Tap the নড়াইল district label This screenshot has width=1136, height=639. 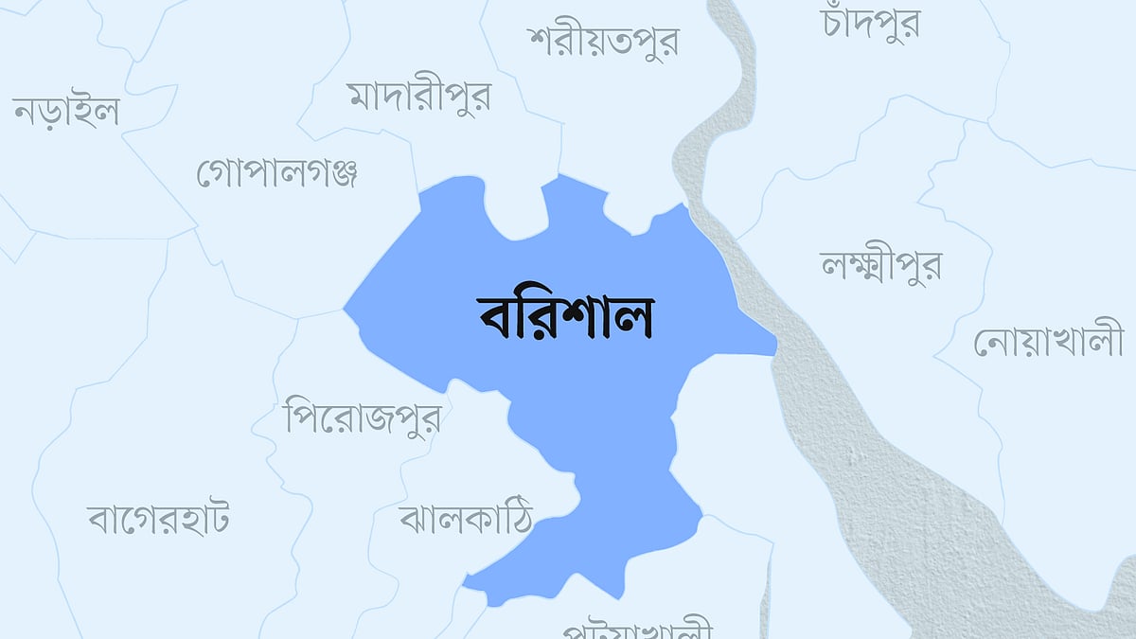[66, 113]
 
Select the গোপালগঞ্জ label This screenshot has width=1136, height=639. [276, 174]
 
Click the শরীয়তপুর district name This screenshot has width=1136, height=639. [604, 42]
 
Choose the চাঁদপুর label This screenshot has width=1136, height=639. [872, 25]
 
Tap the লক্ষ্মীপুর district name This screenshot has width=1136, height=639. [880, 265]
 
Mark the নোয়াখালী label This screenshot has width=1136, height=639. [1049, 342]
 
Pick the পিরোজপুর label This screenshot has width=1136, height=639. [363, 417]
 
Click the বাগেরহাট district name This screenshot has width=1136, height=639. [158, 519]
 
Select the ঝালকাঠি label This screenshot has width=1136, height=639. [466, 517]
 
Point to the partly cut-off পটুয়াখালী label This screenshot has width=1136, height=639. [636, 630]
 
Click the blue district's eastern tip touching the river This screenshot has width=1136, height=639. [772, 346]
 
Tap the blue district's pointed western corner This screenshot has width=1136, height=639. [347, 309]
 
